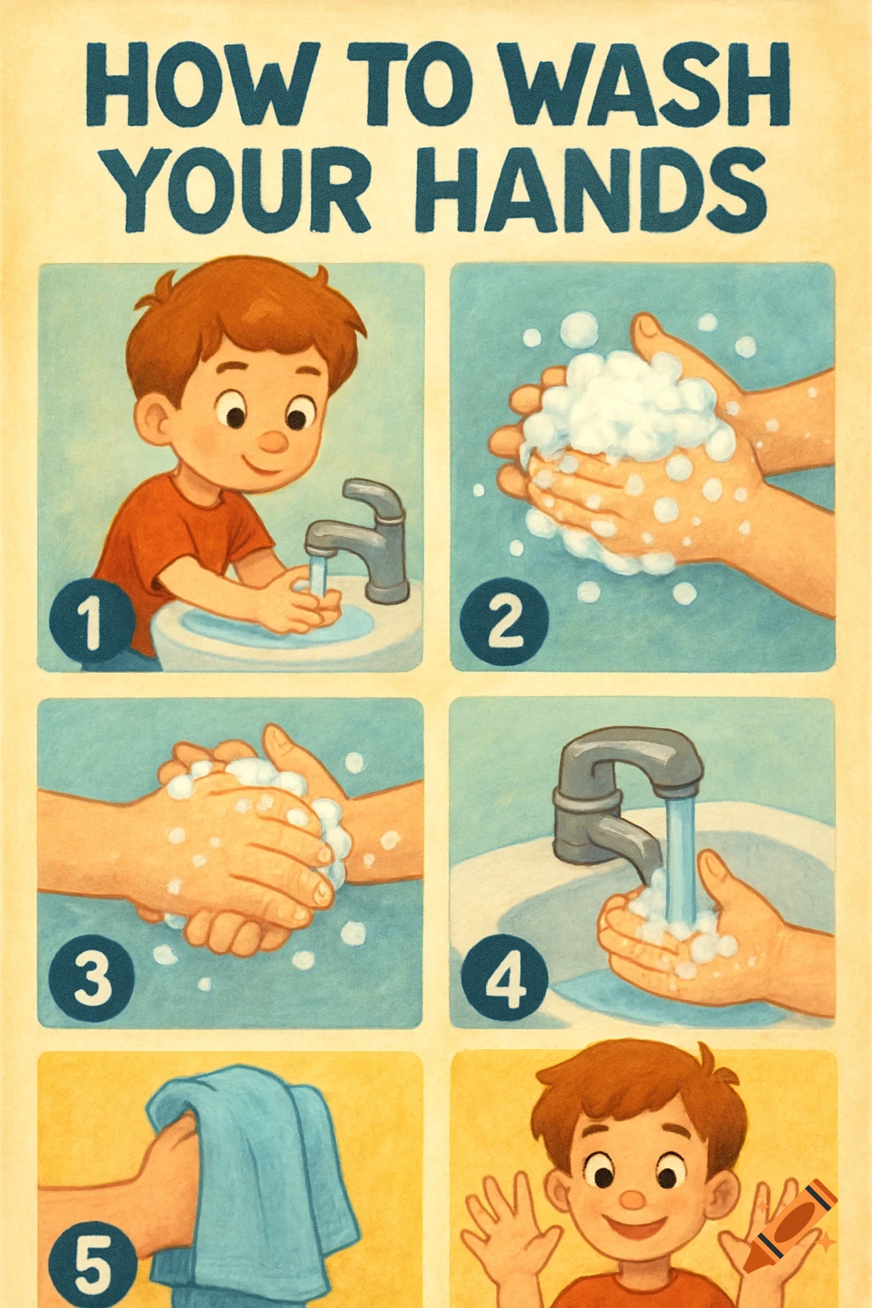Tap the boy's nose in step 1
(272, 441)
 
